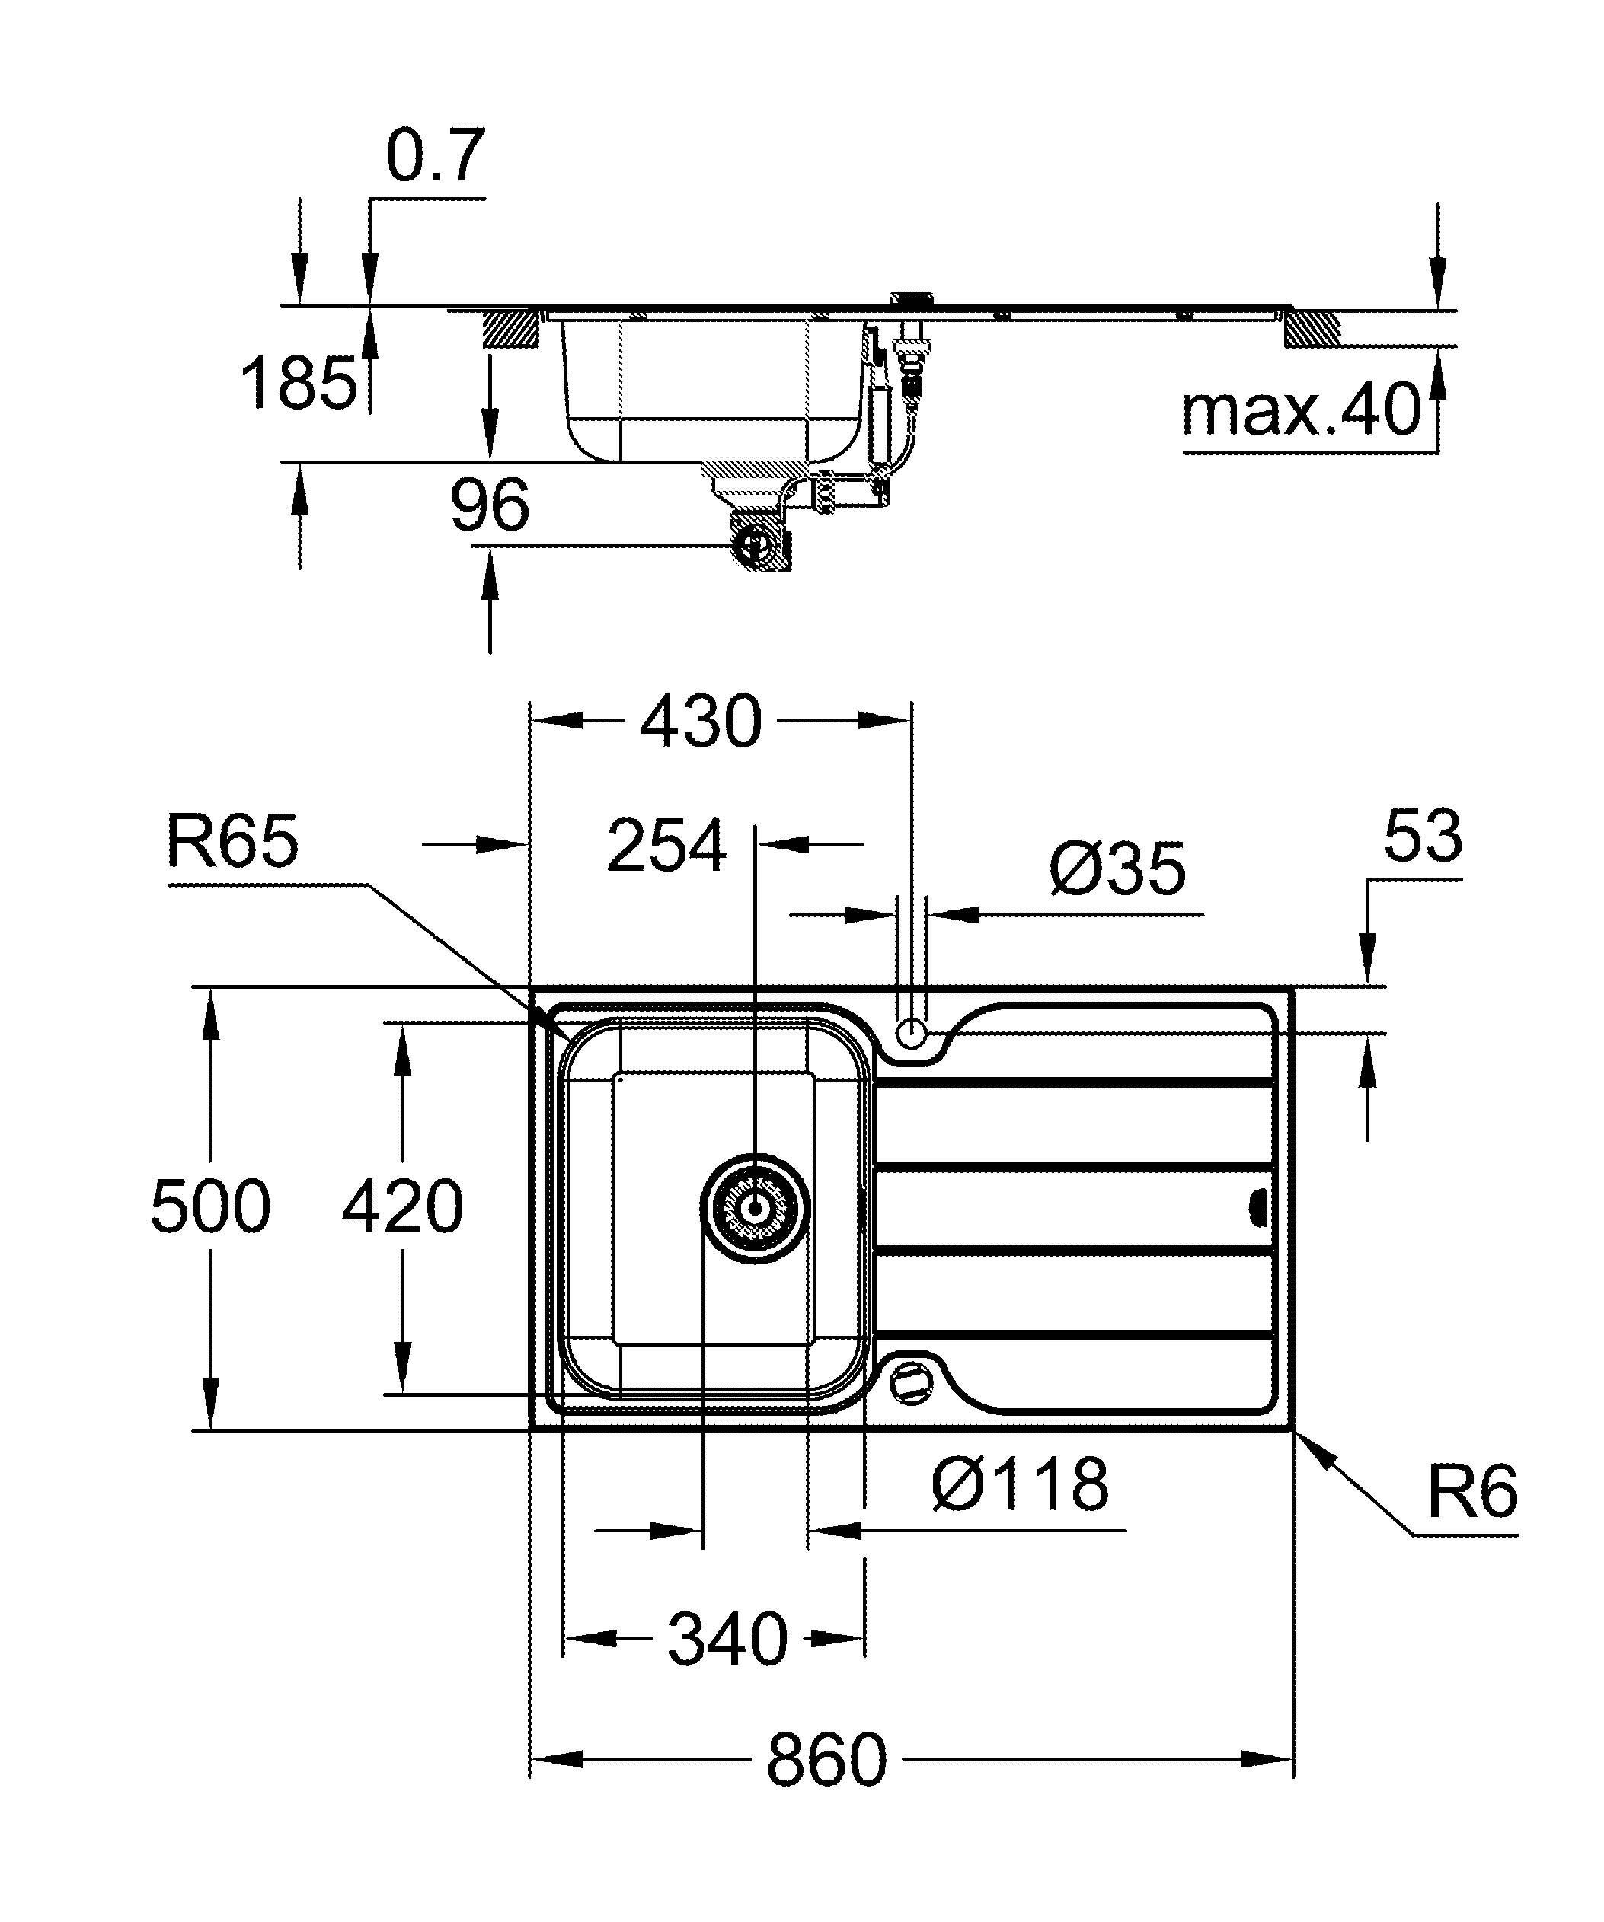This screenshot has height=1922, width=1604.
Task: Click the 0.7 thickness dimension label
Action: click(434, 157)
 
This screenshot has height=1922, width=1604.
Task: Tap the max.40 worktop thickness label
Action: click(1301, 411)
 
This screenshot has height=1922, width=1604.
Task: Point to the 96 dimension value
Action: click(490, 505)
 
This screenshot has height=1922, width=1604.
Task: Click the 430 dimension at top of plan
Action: click(701, 722)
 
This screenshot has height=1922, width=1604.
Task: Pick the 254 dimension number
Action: click(666, 846)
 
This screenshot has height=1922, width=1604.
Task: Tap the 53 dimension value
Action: click(1422, 837)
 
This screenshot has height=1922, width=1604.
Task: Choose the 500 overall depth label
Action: click(210, 1206)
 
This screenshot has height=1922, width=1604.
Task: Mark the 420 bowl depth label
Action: click(403, 1206)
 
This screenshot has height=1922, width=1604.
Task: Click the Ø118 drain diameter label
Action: click(1020, 1484)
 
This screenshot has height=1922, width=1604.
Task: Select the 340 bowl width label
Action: click(727, 1639)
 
